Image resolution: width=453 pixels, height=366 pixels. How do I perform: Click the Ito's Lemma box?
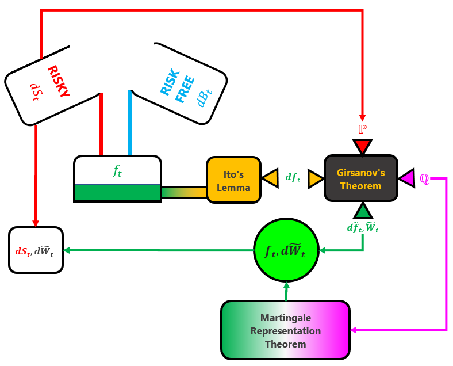point(233,180)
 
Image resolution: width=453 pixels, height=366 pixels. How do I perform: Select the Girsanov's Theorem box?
point(360,178)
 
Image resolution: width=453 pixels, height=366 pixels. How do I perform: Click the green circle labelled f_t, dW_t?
point(286,251)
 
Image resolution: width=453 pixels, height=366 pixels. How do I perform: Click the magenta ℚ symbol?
point(424,178)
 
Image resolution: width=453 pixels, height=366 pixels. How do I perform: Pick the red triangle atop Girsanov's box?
point(362,146)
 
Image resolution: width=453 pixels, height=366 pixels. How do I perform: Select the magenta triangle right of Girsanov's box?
point(407,178)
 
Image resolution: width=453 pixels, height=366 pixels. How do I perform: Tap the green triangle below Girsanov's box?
point(362,211)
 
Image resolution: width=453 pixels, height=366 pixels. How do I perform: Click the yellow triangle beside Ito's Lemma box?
point(270,178)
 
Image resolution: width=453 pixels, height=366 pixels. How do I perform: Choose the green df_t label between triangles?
point(293,178)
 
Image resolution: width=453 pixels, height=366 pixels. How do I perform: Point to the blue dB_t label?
point(204,96)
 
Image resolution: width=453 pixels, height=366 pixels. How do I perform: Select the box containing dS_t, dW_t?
point(36,250)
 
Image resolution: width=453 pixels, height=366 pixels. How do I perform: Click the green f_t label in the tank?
point(117,170)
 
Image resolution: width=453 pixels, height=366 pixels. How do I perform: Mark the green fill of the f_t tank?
point(117,192)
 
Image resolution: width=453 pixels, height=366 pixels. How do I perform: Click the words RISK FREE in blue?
point(175,86)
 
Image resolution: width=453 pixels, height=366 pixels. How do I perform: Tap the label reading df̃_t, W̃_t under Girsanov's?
point(362,228)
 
